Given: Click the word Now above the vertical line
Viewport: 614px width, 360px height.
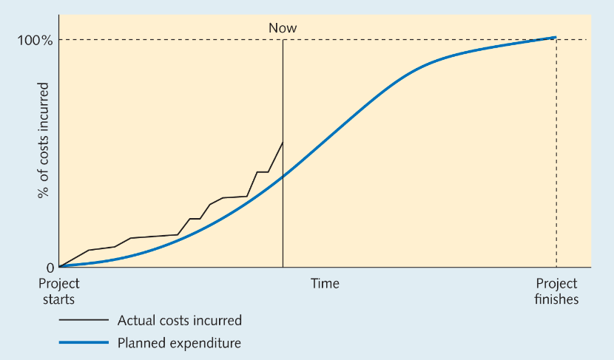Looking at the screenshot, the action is point(283,28).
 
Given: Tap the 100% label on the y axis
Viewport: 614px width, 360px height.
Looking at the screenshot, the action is point(35,41).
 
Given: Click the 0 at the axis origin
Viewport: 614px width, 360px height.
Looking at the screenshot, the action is point(50,268).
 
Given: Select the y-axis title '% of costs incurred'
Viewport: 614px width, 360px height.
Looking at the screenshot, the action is point(43,140).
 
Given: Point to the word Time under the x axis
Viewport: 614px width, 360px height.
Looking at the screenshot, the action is point(325,283).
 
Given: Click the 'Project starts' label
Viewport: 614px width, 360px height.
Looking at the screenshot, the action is point(58,291).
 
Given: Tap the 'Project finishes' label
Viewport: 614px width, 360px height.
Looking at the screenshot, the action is point(556,291).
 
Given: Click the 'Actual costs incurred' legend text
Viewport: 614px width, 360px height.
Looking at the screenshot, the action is point(179,321).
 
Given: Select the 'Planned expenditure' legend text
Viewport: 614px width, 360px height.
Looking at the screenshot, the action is point(179,343).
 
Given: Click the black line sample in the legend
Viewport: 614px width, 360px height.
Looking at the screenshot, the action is point(84,320).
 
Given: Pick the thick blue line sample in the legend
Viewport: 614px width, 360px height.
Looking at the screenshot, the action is point(84,343).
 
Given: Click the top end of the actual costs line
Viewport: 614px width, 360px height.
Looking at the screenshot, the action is point(283,143).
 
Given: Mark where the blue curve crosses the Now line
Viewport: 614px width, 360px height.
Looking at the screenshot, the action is point(283,177).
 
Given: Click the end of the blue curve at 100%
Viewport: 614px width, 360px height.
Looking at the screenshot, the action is point(556,38).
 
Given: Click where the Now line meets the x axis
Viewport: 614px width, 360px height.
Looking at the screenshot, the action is point(283,268).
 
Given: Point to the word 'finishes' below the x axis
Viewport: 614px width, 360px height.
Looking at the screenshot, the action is point(556,299).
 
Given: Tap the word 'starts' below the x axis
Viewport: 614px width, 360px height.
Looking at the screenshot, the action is point(58,299).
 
